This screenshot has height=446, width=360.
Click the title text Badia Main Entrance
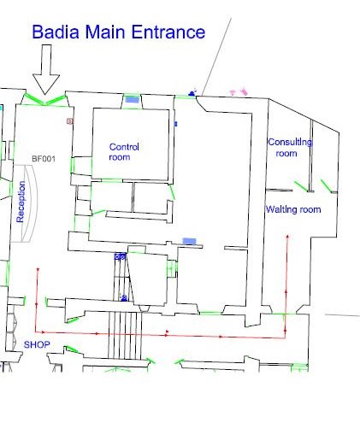(118, 32)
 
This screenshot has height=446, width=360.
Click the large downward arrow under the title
(46, 68)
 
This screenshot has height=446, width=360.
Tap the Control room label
(124, 152)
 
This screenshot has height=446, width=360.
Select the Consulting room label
(289, 147)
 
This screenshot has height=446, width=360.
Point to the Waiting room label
(292, 209)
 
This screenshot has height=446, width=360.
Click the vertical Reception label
(21, 202)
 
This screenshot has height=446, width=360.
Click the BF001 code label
(43, 159)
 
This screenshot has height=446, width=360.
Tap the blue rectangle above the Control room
(132, 99)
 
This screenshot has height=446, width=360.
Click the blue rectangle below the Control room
(191, 242)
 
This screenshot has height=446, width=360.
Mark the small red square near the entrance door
(70, 122)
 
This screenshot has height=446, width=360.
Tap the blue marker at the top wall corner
(193, 91)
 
